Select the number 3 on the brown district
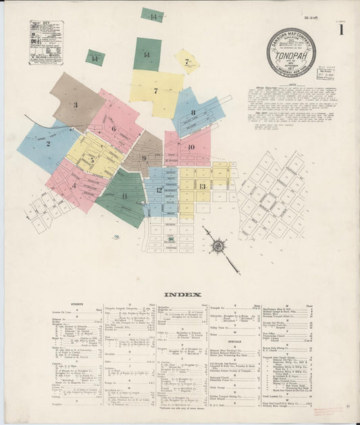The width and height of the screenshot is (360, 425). [76, 105]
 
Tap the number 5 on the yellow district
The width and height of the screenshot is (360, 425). [92, 160]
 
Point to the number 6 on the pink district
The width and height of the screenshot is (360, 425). [113, 128]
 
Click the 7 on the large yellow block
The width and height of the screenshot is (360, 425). [155, 90]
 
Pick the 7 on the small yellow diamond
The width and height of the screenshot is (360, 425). [186, 61]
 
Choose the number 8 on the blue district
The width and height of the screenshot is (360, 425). [193, 113]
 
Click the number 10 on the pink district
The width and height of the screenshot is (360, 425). [191, 147]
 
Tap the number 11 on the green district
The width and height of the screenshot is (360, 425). [124, 196]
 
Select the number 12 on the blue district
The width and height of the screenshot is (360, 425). [159, 190]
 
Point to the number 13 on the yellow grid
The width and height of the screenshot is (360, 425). [202, 186]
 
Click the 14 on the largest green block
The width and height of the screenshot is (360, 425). [147, 53]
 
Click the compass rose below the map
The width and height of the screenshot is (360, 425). [217, 246]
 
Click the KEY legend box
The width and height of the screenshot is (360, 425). [46, 43]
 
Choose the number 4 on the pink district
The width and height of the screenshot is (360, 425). [74, 184]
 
